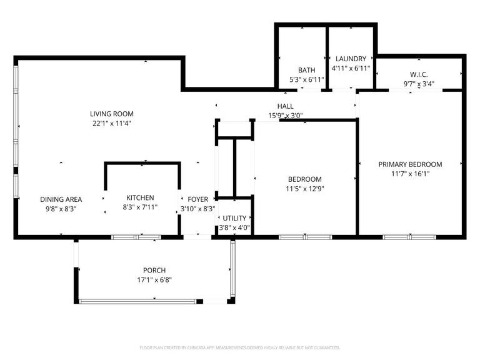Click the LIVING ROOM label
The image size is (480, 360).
click(111, 114)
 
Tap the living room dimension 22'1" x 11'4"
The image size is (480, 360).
click(111, 123)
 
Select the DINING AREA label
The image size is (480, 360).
click(61, 199)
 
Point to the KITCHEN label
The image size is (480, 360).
click(140, 197)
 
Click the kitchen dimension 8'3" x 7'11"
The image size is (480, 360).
click(140, 207)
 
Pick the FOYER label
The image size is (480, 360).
click(198, 199)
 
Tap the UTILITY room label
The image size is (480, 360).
click(234, 218)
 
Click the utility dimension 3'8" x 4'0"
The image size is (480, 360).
click(234, 227)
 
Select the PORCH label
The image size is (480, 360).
click(154, 271)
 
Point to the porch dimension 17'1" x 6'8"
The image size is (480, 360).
click(154, 280)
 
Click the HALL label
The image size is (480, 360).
click(286, 106)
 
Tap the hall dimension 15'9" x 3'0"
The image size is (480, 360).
click(286, 116)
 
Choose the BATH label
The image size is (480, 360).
click(307, 70)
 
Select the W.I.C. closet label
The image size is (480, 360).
click(419, 74)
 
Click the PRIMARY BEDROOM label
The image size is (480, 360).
click(410, 164)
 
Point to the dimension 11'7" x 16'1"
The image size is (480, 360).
click(410, 174)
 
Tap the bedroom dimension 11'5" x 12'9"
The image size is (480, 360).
click(305, 188)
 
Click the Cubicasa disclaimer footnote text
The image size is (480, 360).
click(240, 347)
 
